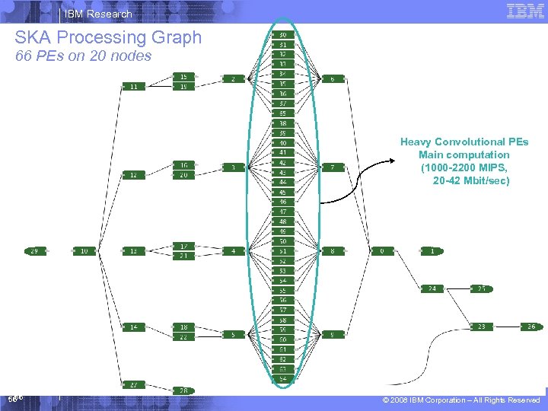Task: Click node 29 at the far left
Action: click(x=34, y=250)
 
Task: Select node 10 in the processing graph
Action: click(x=84, y=250)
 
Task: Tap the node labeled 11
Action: click(x=134, y=87)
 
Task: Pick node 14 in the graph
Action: click(x=134, y=327)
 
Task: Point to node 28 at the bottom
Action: click(x=183, y=390)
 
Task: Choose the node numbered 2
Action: click(x=234, y=78)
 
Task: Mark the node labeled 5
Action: click(x=234, y=334)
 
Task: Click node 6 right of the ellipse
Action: click(x=333, y=78)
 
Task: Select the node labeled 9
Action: click(x=333, y=334)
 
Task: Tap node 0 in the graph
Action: click(x=382, y=250)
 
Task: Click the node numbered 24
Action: click(x=432, y=288)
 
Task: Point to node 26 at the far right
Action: click(x=531, y=327)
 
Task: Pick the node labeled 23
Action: click(x=482, y=327)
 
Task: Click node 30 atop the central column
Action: click(x=283, y=35)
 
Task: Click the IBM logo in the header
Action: click(x=524, y=11)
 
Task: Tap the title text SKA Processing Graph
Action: click(x=108, y=37)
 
